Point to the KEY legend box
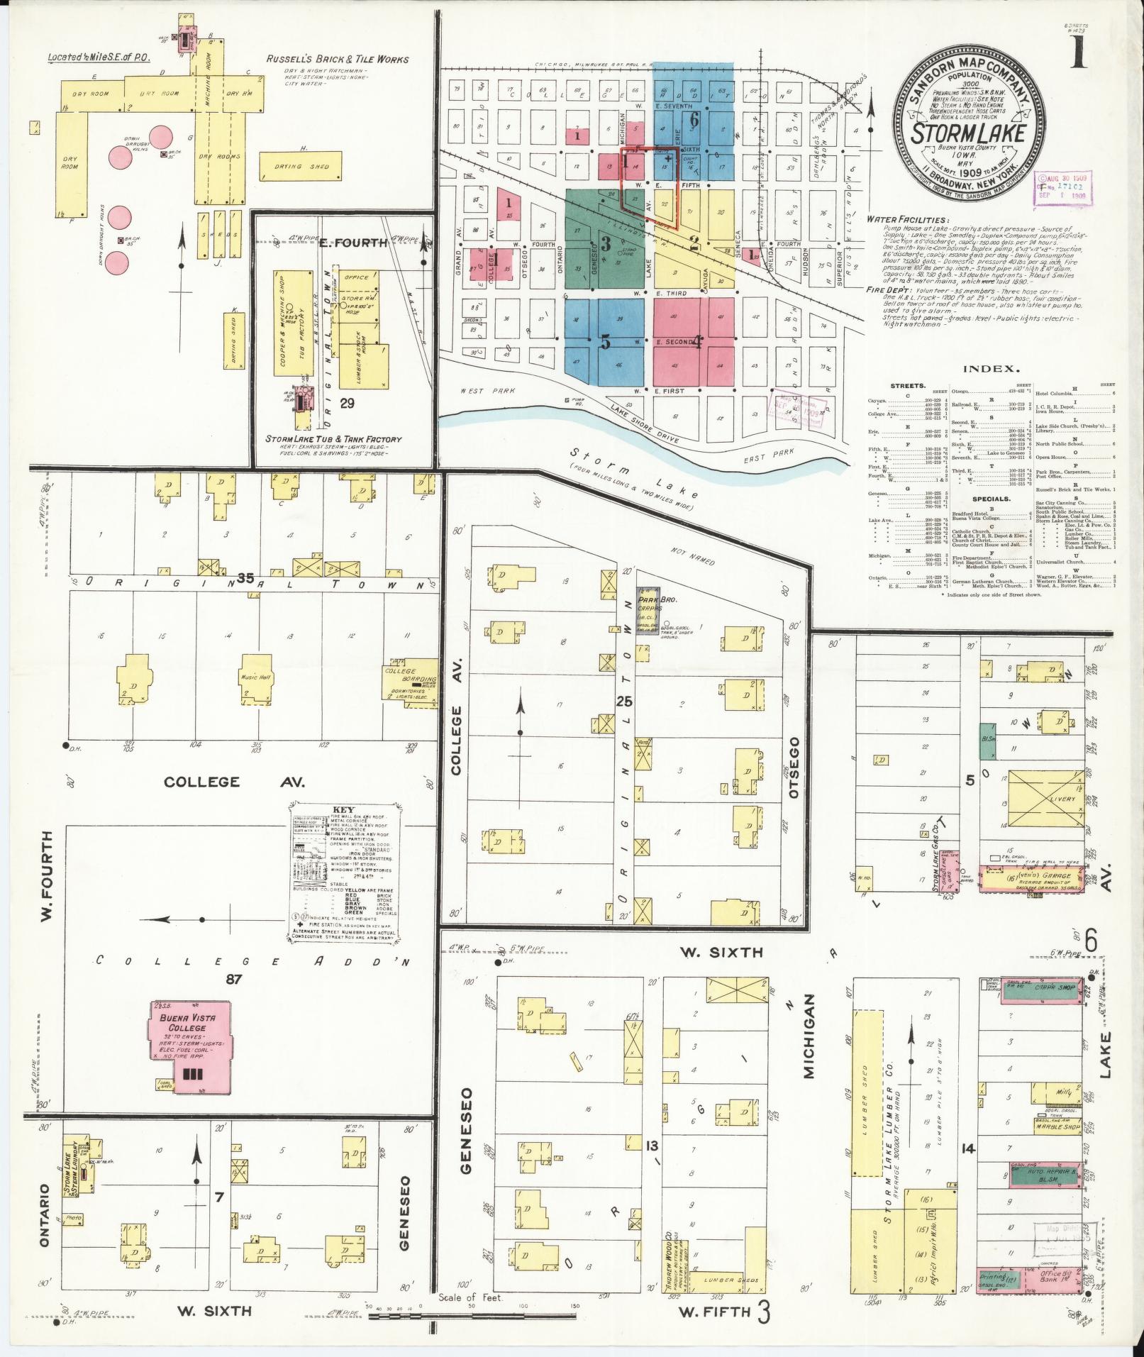coord(345,873)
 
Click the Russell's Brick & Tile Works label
coord(338,60)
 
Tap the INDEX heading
coord(991,369)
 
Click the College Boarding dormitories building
coord(410,682)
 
